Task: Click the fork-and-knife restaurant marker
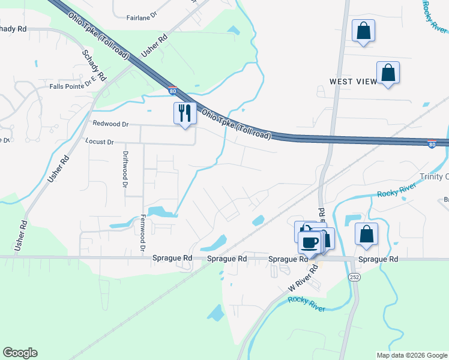click(185, 113)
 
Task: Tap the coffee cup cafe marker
click(310, 242)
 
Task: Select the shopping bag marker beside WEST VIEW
click(388, 73)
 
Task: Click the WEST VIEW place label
click(353, 81)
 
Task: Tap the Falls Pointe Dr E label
click(73, 85)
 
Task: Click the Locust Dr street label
click(102, 142)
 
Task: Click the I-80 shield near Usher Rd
click(173, 91)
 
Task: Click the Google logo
click(20, 353)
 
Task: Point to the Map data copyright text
click(411, 355)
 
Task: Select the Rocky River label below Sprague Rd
click(306, 304)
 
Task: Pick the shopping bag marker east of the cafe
click(366, 234)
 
